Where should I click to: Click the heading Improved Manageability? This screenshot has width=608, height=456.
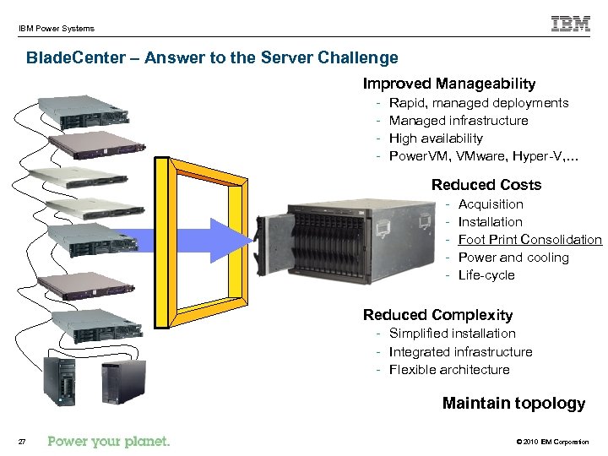(x=448, y=84)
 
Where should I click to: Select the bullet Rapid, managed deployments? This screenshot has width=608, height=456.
(x=479, y=103)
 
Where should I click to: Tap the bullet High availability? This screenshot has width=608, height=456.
(x=436, y=138)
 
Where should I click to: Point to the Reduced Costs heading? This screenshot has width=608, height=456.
(x=486, y=185)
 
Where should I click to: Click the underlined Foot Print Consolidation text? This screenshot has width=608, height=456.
(x=529, y=240)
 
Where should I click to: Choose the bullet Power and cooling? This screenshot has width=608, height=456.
(x=513, y=258)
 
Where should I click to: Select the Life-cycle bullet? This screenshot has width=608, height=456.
(x=486, y=275)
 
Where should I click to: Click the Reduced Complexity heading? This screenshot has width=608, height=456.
(x=437, y=315)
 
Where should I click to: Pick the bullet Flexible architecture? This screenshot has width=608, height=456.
(x=449, y=370)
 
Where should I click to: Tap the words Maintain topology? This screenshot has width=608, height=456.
(x=513, y=404)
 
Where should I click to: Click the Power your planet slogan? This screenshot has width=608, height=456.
(x=109, y=441)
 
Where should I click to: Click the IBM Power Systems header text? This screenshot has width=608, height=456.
(x=57, y=29)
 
